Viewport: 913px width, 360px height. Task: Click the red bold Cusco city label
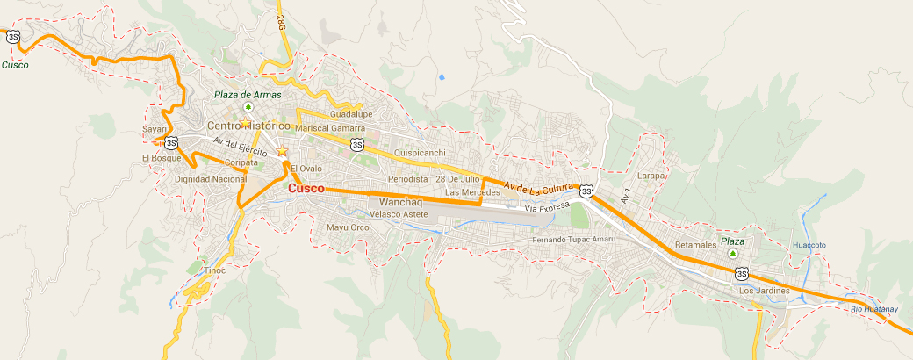(306, 189)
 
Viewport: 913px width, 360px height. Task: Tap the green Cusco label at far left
(14, 65)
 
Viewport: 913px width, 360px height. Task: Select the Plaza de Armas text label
(247, 95)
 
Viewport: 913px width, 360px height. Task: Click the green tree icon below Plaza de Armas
(248, 108)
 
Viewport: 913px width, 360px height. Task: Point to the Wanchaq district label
(389, 203)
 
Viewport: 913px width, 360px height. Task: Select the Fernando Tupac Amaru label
(574, 239)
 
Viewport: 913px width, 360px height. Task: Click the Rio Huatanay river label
(874, 308)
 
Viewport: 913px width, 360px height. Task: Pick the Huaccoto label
(809, 245)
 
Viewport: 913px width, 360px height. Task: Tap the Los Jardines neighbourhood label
(765, 291)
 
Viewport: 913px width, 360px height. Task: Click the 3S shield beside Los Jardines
(742, 274)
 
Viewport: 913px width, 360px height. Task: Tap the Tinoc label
(215, 270)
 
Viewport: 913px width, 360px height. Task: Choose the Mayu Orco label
(348, 227)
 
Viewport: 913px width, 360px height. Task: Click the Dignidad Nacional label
(211, 179)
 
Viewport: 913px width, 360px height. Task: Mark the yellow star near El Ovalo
(282, 153)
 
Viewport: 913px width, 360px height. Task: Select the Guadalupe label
(351, 114)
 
